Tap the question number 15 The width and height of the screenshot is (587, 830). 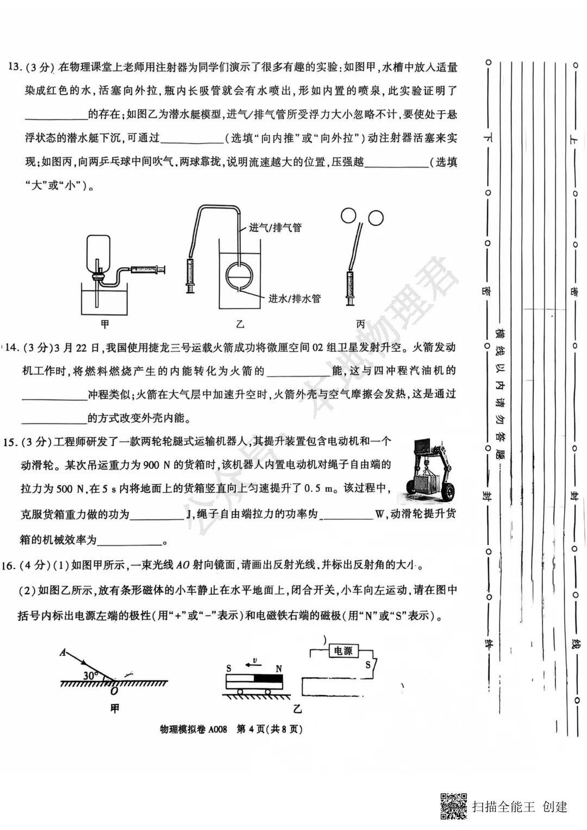[x=10, y=442]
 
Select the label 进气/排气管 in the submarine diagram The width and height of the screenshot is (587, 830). [x=275, y=228]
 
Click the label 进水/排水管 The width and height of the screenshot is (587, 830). [x=294, y=298]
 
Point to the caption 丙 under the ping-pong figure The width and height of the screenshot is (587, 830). [x=361, y=324]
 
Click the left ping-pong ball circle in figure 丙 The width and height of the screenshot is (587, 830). [x=348, y=216]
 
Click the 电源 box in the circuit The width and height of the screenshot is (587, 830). [x=343, y=651]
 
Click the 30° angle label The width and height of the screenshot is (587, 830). [x=90, y=676]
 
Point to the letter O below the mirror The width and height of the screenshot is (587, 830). [x=114, y=691]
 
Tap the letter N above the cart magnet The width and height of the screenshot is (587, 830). [x=279, y=669]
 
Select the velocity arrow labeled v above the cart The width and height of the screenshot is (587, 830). [x=252, y=663]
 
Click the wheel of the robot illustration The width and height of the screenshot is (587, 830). [x=447, y=492]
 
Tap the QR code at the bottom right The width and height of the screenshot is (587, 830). [x=453, y=806]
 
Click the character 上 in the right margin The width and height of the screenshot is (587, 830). [x=573, y=139]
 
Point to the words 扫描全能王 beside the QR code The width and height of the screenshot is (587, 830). [x=503, y=807]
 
